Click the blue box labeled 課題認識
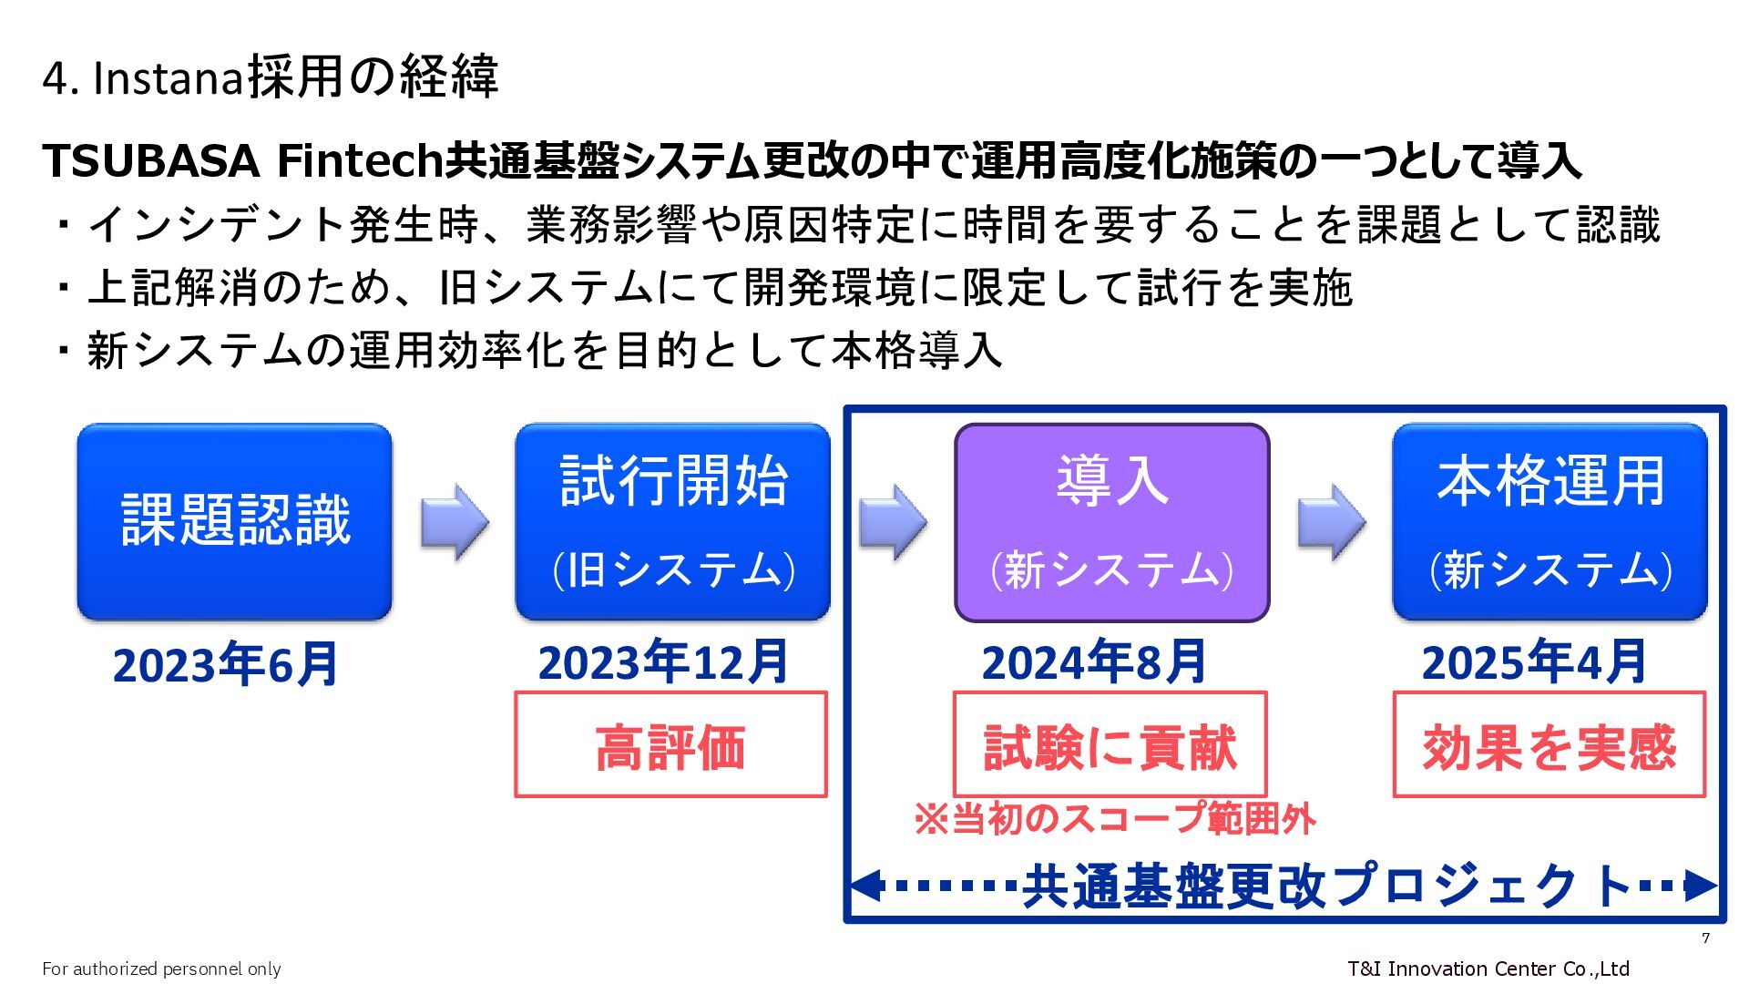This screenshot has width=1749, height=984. [235, 521]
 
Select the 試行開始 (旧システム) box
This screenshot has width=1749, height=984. [672, 521]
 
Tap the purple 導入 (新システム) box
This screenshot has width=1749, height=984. [1111, 522]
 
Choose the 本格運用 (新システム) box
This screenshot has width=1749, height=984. [1550, 521]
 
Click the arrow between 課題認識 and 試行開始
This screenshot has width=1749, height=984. [454, 522]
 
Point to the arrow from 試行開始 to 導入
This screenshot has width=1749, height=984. [893, 522]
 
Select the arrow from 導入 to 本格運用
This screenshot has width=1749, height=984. [1331, 522]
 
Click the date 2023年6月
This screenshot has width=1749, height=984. [225, 664]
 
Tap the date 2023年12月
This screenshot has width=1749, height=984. [663, 662]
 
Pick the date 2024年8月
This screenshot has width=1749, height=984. [1094, 662]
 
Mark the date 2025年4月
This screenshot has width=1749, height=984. [1534, 662]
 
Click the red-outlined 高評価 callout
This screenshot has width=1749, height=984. [670, 744]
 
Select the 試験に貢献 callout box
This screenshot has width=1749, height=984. [1110, 744]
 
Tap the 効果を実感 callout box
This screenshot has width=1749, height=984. [1549, 744]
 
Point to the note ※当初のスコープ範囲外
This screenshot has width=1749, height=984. [1114, 818]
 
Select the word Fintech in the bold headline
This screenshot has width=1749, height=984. [359, 161]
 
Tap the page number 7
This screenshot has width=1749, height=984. [1705, 938]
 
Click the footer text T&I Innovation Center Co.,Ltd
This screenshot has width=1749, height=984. [1488, 969]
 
